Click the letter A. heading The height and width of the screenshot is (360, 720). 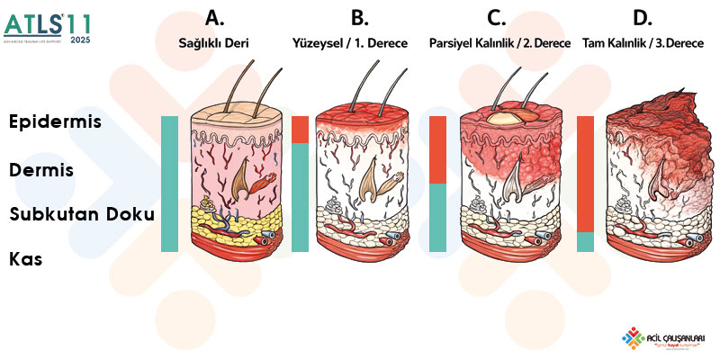(214, 17)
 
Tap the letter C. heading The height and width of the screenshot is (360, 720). (497, 17)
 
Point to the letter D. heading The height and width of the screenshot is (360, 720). (643, 17)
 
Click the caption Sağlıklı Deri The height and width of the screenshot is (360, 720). (214, 42)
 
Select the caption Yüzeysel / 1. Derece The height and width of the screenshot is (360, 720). (350, 42)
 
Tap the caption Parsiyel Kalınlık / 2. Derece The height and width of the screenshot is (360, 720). (493, 42)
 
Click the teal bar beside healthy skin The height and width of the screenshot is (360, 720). (169, 184)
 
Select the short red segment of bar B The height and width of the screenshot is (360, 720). (301, 130)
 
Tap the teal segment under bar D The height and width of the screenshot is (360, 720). (585, 242)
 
